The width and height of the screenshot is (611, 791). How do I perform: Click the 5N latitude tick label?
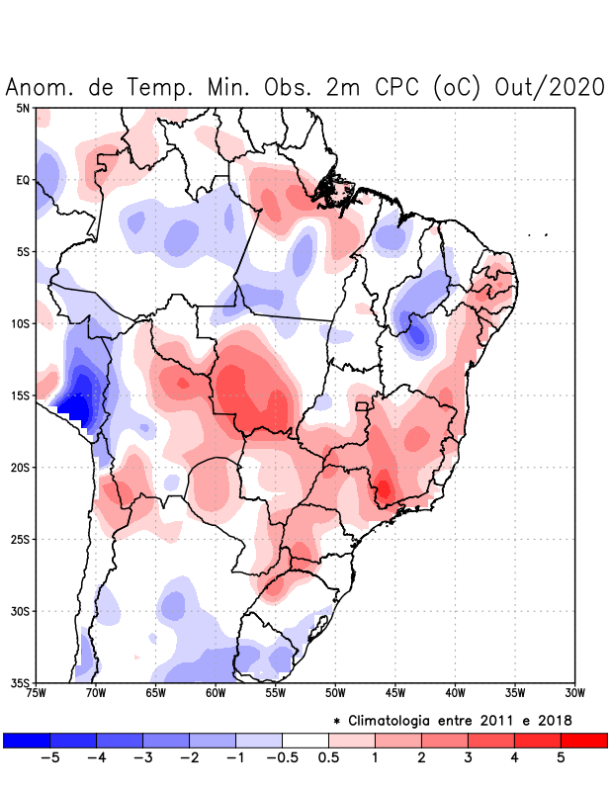coord(23,108)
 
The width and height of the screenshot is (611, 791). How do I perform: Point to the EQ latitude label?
coord(23,180)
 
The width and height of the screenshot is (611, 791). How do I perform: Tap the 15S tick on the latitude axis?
coord(21,395)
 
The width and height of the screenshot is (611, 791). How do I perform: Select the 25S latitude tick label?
coord(21,539)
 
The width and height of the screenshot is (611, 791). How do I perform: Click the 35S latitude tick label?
coord(21,682)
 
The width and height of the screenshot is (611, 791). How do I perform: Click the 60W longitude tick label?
coord(215,693)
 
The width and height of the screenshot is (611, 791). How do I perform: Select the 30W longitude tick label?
coord(574,693)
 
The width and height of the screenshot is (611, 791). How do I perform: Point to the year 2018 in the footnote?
coord(554,720)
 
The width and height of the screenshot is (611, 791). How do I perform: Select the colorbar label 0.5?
coord(329,758)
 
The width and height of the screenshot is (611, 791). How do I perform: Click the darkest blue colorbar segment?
coord(27,740)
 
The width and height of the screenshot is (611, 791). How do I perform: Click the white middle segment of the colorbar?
coord(305,740)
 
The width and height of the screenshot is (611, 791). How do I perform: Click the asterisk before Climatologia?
coord(338,721)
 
